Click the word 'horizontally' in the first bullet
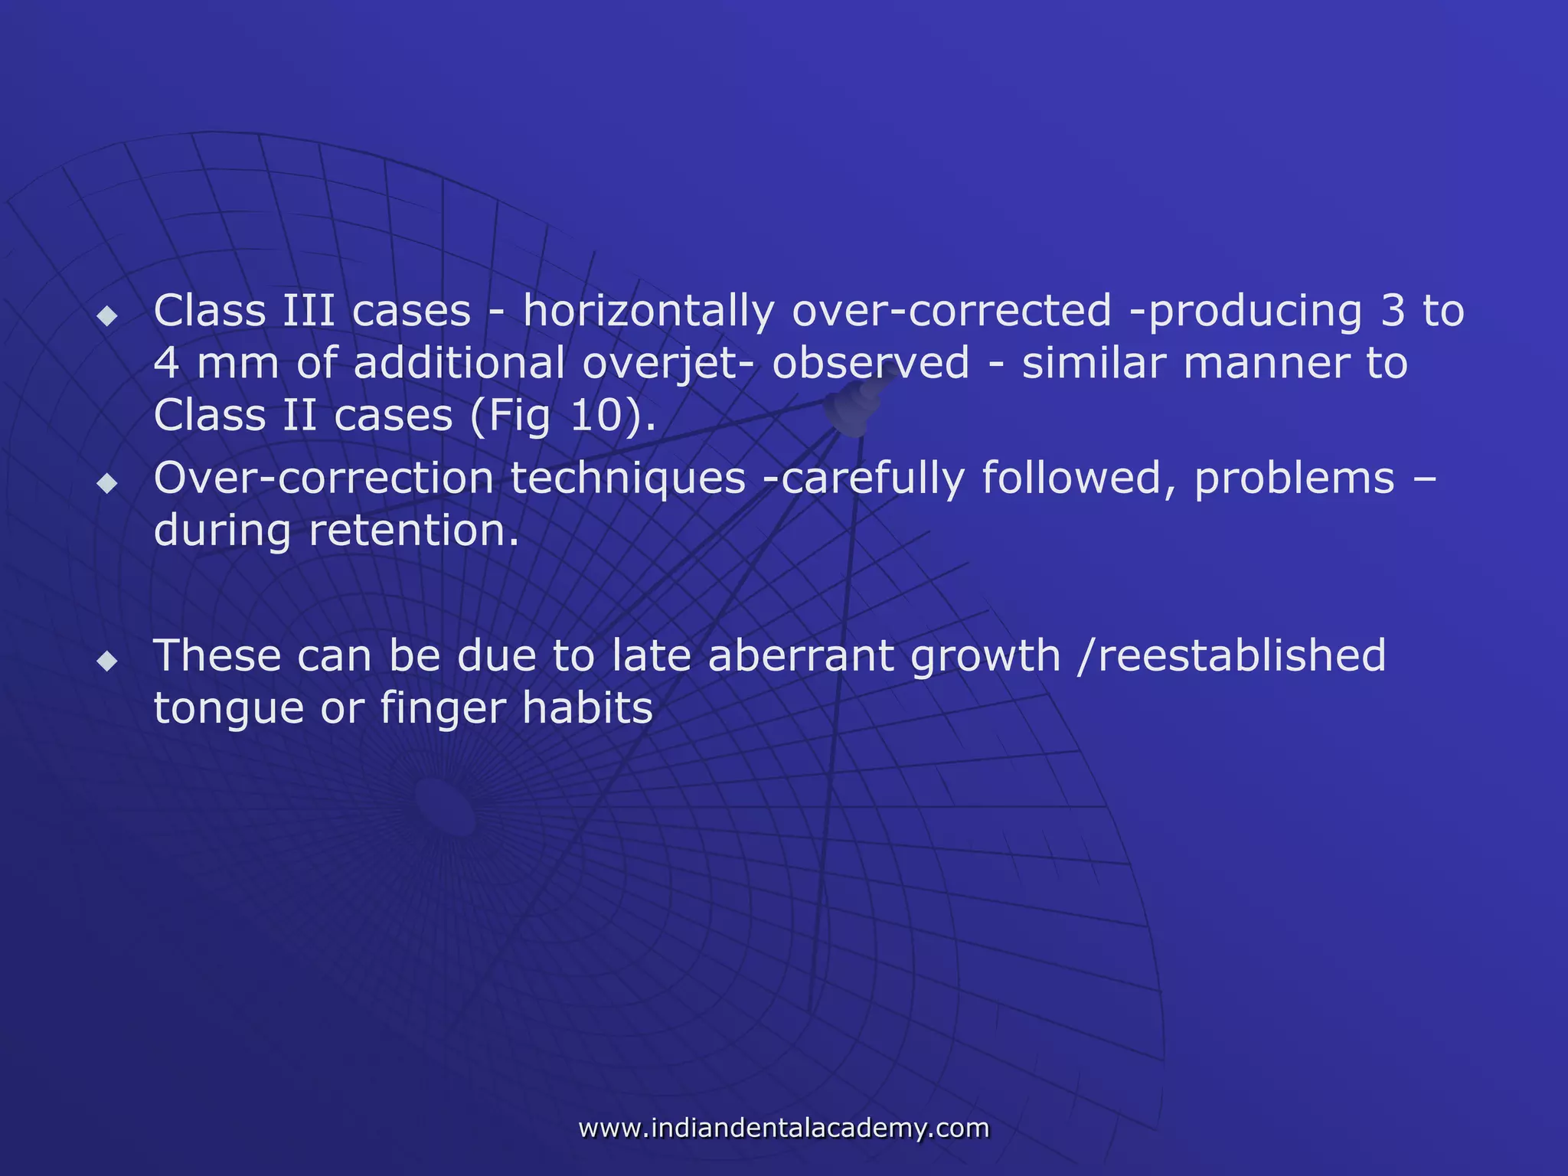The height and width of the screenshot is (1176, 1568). pyautogui.click(x=648, y=312)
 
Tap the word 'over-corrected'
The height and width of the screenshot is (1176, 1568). pyautogui.click(x=951, y=312)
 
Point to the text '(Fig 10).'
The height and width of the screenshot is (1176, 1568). pyautogui.click(x=563, y=416)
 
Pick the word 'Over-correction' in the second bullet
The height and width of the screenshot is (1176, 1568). pyautogui.click(x=323, y=479)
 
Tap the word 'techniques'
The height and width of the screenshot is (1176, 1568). pyautogui.click(x=628, y=479)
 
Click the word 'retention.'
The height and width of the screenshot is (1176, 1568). pyautogui.click(x=413, y=531)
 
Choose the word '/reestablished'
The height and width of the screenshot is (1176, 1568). pyautogui.click(x=1231, y=656)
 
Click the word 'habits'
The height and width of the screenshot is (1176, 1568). pyautogui.click(x=587, y=708)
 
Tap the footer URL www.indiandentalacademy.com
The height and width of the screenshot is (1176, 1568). pyautogui.click(x=784, y=1128)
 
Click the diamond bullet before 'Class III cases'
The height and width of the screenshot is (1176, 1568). pyautogui.click(x=108, y=315)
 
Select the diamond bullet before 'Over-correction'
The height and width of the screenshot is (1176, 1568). pyautogui.click(x=108, y=483)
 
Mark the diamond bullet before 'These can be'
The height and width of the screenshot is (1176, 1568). pyautogui.click(x=108, y=661)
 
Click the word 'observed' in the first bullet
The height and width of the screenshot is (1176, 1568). pyautogui.click(x=871, y=364)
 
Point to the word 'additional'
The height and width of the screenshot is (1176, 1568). pyautogui.click(x=459, y=364)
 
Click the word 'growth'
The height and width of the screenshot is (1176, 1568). pyautogui.click(x=985, y=656)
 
